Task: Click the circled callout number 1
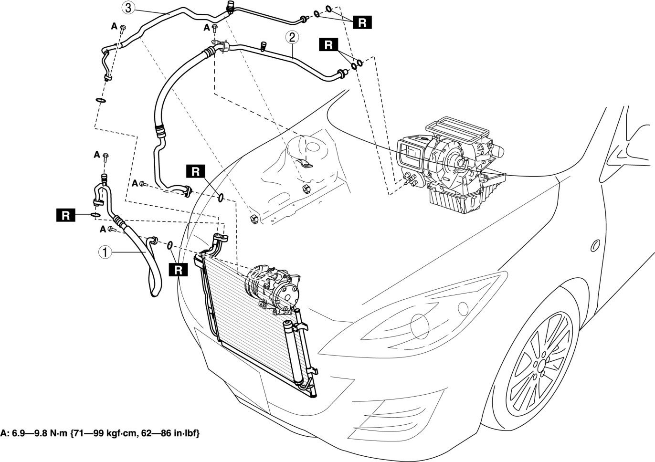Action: tap(105, 252)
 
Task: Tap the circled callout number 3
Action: tap(128, 8)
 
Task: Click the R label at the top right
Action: tap(362, 22)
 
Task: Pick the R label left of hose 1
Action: tap(66, 216)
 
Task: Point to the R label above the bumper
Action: tap(179, 270)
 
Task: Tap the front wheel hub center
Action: tap(541, 365)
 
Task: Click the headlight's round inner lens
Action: tap(420, 326)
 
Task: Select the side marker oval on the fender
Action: tap(595, 246)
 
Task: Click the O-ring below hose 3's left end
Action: tap(100, 100)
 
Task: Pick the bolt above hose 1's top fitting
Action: tap(106, 157)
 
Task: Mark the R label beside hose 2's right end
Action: tap(328, 45)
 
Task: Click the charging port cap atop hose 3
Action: tap(230, 6)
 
